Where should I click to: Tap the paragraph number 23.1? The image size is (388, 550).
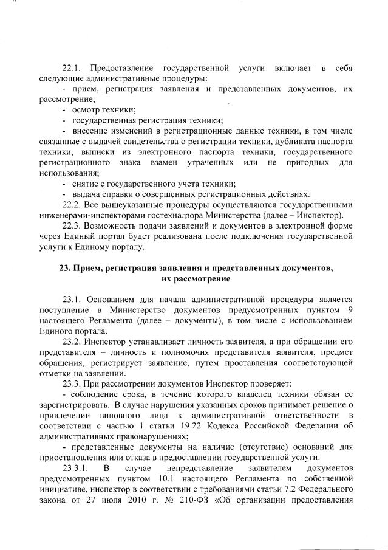(x=73, y=299)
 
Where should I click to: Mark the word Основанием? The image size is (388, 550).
(x=111, y=299)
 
